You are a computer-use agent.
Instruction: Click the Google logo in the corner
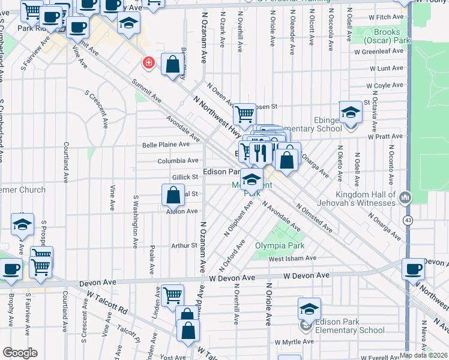pos(20,353)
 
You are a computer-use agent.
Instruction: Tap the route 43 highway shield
pos(408,221)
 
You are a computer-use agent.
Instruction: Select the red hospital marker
pos(148,62)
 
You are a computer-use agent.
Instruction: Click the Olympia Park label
pos(280,245)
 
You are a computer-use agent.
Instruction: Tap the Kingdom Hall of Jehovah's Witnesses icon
pos(406,197)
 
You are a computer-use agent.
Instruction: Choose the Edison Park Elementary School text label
pos(343,326)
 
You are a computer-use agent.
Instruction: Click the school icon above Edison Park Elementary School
pos(309,309)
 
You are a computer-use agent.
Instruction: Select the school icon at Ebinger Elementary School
pos(351,112)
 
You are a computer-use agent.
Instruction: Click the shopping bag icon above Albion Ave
pos(173,195)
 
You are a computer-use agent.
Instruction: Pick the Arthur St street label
pos(184,245)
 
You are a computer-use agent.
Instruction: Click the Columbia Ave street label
pos(178,161)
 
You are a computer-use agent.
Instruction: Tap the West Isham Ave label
pos(292,259)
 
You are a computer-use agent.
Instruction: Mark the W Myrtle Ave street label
pos(294,341)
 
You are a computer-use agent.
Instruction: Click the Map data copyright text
pos(423,355)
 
